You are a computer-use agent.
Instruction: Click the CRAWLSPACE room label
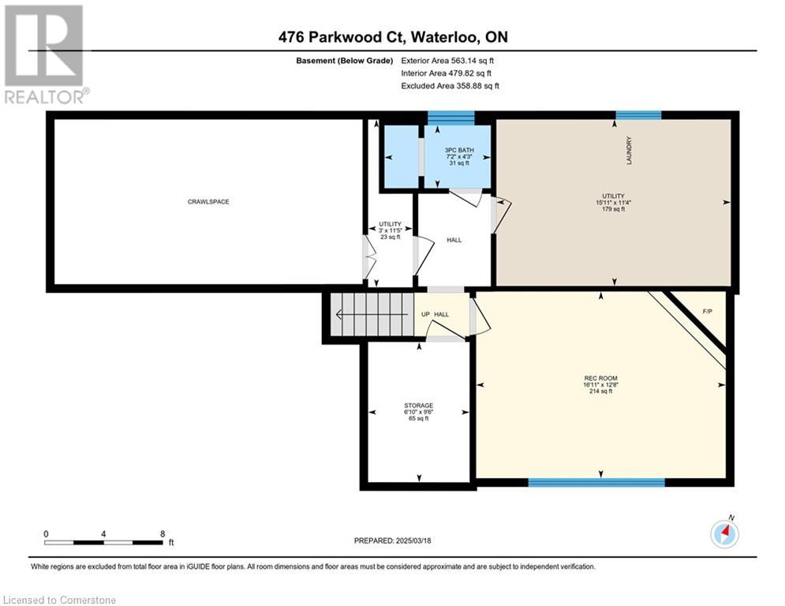(x=208, y=202)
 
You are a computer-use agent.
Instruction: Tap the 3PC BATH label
(x=459, y=150)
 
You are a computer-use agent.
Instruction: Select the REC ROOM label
(x=600, y=378)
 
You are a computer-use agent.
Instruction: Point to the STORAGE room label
(x=418, y=405)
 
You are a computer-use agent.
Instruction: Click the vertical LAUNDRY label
(x=629, y=150)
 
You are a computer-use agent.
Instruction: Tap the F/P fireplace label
(x=708, y=312)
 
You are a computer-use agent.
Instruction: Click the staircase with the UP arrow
(x=372, y=315)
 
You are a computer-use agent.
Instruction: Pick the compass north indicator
(x=724, y=533)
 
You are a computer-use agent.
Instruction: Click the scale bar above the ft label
(x=103, y=542)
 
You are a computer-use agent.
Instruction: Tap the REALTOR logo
(x=45, y=54)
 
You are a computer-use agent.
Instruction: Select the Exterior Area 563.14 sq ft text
(x=447, y=61)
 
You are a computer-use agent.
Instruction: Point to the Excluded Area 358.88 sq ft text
(x=450, y=86)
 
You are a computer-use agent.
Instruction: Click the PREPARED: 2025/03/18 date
(x=393, y=541)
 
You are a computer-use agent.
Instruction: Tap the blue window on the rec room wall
(x=596, y=482)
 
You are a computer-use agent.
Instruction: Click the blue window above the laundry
(x=638, y=115)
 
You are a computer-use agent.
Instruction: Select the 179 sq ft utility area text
(x=613, y=209)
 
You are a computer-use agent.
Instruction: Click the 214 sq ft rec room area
(x=600, y=391)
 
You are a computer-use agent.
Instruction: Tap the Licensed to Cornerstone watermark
(x=60, y=600)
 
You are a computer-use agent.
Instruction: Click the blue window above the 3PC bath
(x=451, y=118)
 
